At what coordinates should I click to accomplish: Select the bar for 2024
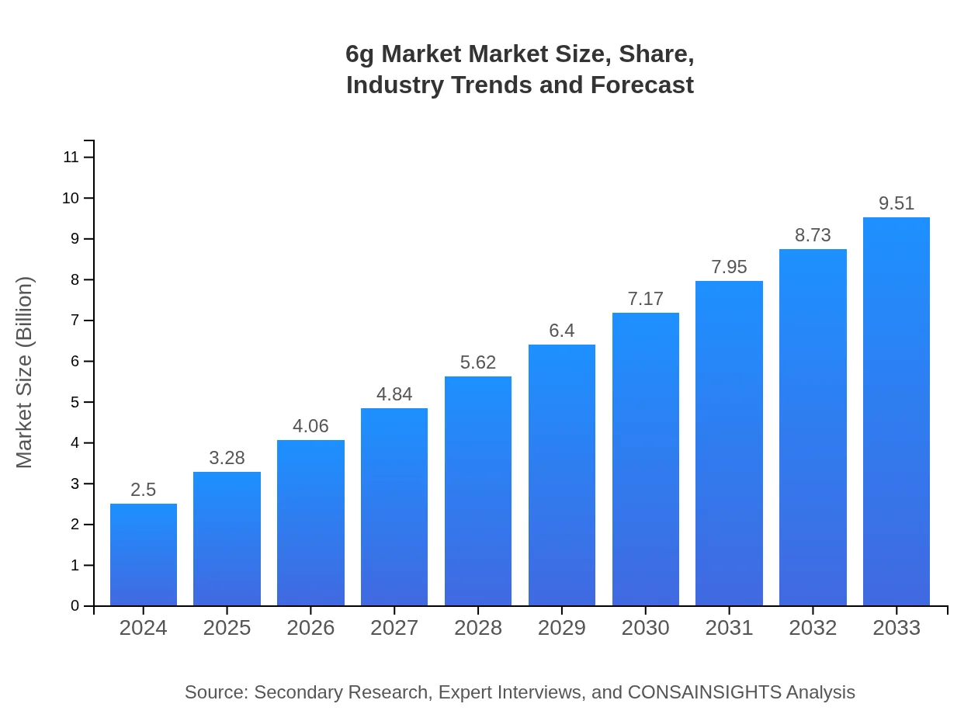(x=144, y=554)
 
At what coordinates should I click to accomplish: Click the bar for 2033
(x=896, y=411)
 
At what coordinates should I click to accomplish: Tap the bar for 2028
(x=478, y=490)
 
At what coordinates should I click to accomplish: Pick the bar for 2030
(x=646, y=459)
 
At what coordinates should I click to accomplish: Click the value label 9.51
(x=896, y=203)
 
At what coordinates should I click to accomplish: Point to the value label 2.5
(x=144, y=490)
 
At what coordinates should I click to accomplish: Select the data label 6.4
(x=562, y=331)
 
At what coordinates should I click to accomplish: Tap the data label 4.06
(x=310, y=426)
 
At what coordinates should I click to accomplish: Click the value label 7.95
(x=729, y=267)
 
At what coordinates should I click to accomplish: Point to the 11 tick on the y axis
(x=71, y=158)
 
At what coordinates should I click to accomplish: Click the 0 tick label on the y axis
(x=75, y=606)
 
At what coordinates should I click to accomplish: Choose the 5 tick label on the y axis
(x=75, y=402)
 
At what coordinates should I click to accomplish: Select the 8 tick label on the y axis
(x=75, y=279)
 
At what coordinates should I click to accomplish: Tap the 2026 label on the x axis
(x=310, y=628)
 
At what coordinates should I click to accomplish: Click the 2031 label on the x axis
(x=729, y=628)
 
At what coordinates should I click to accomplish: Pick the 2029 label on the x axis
(x=562, y=628)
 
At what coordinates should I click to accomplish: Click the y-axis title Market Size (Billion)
(x=25, y=373)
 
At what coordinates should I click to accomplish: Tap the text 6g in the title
(x=360, y=55)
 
